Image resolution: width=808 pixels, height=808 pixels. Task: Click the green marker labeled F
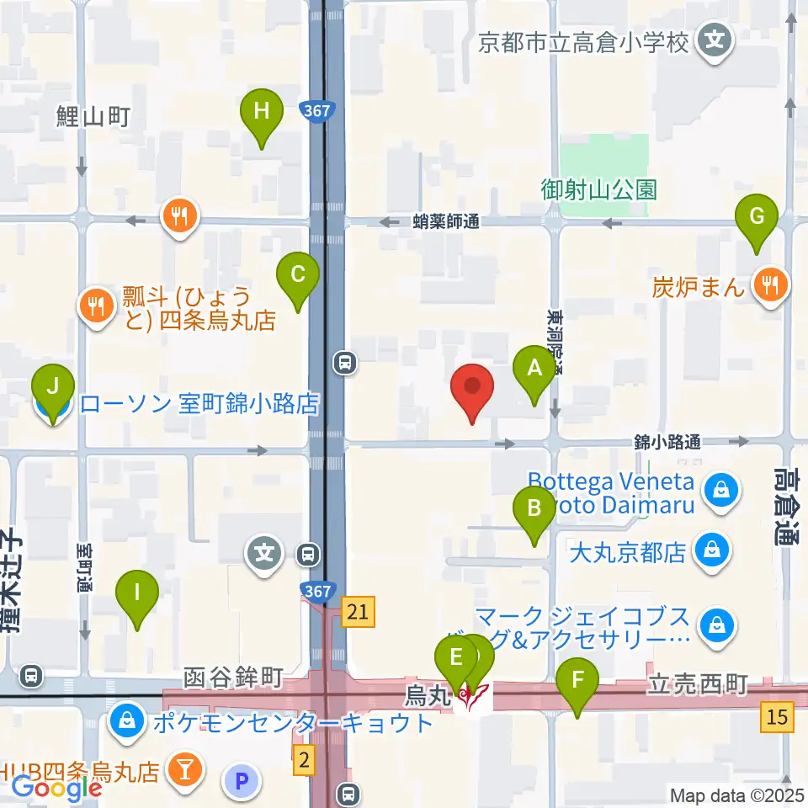577,686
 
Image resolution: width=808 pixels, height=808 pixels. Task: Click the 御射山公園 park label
598,189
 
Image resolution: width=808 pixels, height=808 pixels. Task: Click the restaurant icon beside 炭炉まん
769,286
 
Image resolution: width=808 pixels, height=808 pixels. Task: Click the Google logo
56,787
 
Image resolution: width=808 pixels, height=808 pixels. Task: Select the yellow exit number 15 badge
777,716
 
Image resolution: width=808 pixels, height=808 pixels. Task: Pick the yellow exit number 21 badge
359,612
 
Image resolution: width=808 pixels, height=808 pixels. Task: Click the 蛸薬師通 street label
446,222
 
